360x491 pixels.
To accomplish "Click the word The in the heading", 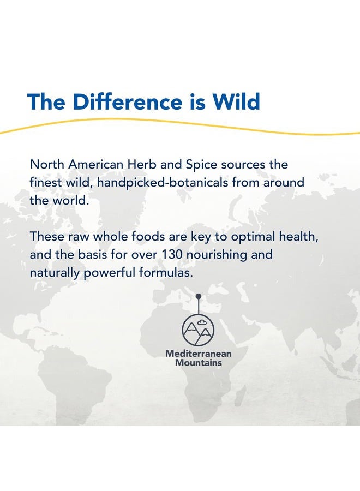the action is click(x=46, y=101).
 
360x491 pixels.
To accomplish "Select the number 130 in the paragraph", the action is click(x=172, y=254).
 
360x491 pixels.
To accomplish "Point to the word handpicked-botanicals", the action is click(x=163, y=183).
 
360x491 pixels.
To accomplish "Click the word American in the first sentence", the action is click(x=95, y=164).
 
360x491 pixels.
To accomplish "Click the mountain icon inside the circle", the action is click(x=198, y=332).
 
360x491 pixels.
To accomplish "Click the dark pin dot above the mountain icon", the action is click(x=198, y=296).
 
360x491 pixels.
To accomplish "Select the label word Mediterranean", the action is click(x=199, y=354).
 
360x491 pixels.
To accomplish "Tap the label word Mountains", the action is click(x=199, y=363).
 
